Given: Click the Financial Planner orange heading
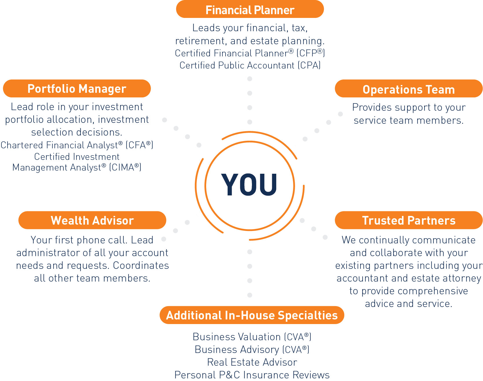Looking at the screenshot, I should click(x=250, y=10).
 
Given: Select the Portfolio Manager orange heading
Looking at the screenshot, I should click(x=77, y=89).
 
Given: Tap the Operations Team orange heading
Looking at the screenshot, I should click(x=409, y=89).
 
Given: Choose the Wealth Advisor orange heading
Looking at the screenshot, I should click(x=92, y=220).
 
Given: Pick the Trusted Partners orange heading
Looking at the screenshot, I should click(x=409, y=220).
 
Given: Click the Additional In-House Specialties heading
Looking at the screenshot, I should click(x=252, y=315).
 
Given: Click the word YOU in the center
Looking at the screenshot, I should click(x=249, y=185).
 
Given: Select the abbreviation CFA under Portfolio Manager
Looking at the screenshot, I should click(x=137, y=145).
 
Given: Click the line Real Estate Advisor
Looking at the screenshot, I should click(x=252, y=362).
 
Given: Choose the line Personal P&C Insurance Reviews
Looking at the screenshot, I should click(x=252, y=375).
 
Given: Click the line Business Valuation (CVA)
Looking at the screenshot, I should click(x=252, y=337).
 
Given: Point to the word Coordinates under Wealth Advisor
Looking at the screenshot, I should click(x=141, y=265).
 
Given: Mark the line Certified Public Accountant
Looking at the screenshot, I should click(x=237, y=65).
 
